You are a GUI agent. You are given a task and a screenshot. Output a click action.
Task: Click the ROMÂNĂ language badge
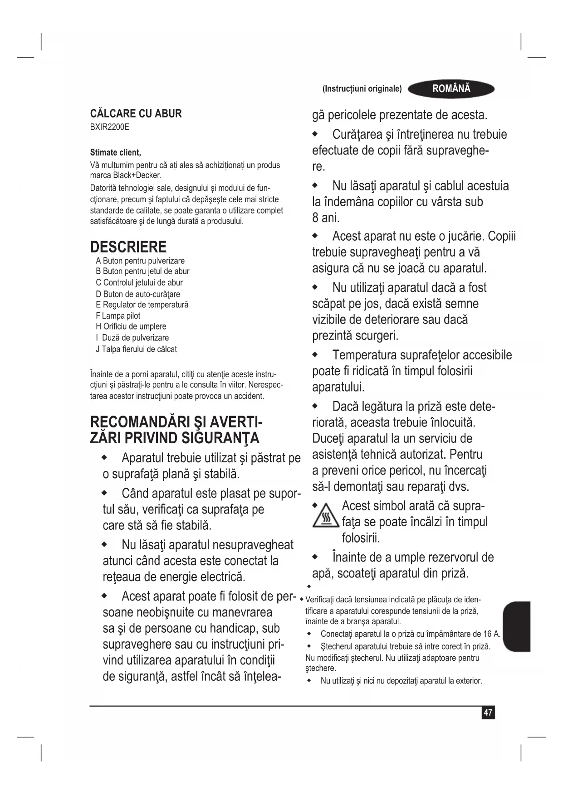point(451,89)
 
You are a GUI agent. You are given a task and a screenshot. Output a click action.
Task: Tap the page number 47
point(488,713)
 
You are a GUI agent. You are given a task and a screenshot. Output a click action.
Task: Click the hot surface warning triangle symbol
point(326,516)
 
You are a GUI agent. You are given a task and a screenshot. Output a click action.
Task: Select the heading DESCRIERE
point(128,247)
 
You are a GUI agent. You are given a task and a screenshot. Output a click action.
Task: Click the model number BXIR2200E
point(109,127)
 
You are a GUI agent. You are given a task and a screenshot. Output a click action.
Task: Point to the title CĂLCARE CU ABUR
point(136,114)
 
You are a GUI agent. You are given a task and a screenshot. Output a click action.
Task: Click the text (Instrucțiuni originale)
point(362,89)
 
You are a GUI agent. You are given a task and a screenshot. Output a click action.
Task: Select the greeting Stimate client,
point(115,152)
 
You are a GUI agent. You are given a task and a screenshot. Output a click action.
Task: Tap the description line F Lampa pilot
point(118,316)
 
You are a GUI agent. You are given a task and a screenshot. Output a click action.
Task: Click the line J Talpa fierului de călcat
point(136,349)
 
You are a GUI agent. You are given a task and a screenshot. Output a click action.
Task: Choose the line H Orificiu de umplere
point(131,326)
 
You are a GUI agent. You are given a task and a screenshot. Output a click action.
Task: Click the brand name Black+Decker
point(137,175)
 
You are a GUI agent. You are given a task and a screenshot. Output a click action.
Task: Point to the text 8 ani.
point(326,218)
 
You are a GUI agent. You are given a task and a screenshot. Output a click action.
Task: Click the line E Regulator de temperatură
point(142,305)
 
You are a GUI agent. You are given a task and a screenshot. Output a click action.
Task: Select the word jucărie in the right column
point(465,236)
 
